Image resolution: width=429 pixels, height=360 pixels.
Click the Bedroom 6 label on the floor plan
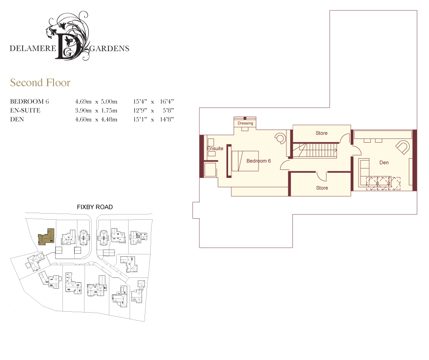click(259, 161)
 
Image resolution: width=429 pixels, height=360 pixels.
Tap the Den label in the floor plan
click(384, 162)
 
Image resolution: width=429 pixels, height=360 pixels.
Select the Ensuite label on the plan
click(215, 148)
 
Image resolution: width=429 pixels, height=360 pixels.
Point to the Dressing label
click(245, 123)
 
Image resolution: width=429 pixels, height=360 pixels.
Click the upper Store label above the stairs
click(322, 133)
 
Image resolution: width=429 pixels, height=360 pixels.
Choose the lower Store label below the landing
click(322, 188)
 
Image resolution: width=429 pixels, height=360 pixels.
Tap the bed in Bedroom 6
click(245, 161)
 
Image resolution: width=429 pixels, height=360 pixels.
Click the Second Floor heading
click(40, 83)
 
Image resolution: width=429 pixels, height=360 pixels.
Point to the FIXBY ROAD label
click(95, 207)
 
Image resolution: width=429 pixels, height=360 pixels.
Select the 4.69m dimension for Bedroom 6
click(83, 101)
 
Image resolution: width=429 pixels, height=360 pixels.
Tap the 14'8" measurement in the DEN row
click(167, 119)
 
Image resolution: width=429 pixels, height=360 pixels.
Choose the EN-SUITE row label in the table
click(25, 110)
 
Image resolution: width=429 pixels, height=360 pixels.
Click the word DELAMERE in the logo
click(33, 48)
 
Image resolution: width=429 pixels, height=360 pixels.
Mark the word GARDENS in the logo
click(109, 48)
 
